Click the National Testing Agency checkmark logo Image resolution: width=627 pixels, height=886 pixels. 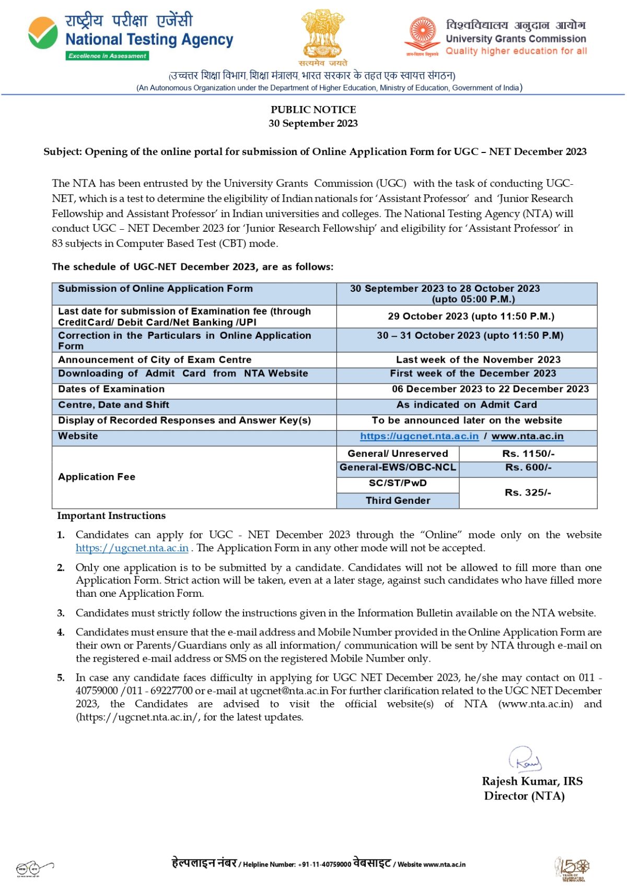(43, 33)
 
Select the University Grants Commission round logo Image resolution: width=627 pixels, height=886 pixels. (422, 34)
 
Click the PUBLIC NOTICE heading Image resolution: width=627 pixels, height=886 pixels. (313, 110)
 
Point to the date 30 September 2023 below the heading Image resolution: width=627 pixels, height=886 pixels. (313, 124)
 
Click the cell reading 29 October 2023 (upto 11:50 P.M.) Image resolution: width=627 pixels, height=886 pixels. (471, 316)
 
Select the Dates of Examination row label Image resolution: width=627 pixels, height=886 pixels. (111, 389)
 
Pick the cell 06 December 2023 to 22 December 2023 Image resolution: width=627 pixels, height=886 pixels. (490, 389)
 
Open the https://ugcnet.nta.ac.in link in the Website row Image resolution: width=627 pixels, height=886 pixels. (419, 436)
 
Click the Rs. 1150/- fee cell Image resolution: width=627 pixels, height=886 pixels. (528, 454)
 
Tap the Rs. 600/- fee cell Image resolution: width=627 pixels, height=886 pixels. (528, 468)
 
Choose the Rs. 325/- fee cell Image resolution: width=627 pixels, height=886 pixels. (528, 492)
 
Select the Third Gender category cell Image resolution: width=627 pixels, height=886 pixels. (398, 501)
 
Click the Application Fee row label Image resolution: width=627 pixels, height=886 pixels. (97, 477)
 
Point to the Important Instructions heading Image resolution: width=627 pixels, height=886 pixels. (111, 516)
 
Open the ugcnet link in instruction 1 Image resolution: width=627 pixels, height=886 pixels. (132, 548)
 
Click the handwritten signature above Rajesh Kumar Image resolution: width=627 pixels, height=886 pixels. (525, 760)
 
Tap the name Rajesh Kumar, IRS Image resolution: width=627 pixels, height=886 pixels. (532, 782)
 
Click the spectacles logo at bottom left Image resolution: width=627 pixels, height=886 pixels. (34, 868)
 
